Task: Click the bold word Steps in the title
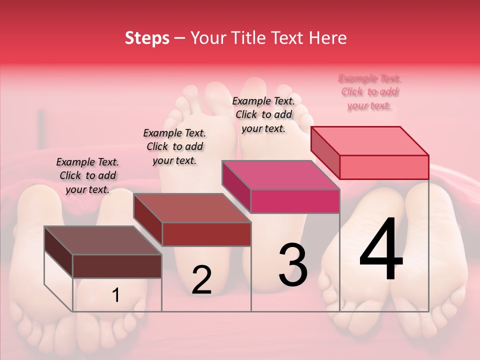click(147, 38)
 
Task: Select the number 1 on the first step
click(116, 295)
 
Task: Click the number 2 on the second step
click(201, 280)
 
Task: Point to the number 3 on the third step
click(293, 265)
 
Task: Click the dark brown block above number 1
click(117, 265)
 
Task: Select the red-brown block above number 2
click(206, 233)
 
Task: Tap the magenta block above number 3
click(294, 200)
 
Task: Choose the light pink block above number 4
click(383, 166)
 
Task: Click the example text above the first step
click(87, 175)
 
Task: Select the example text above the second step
click(174, 146)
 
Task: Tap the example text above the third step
click(263, 114)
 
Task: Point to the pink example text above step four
click(369, 92)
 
